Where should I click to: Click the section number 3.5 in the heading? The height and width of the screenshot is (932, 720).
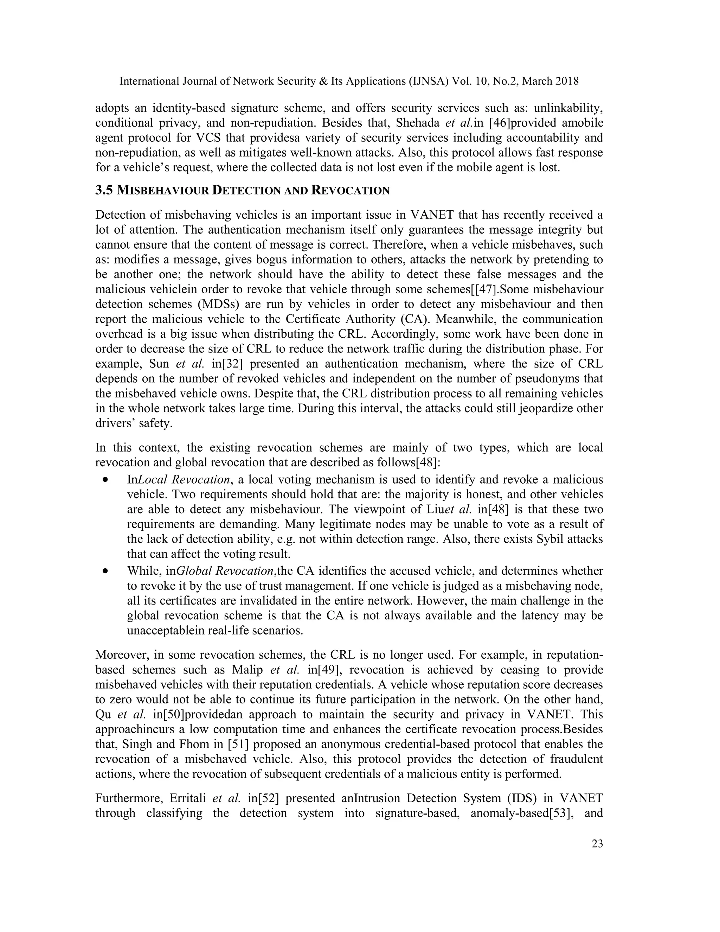[x=104, y=190]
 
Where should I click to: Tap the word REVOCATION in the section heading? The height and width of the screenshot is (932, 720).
[x=350, y=191]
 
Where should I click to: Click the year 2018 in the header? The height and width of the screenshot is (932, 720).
[x=565, y=81]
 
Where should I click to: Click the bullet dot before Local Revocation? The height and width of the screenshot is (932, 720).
[x=105, y=480]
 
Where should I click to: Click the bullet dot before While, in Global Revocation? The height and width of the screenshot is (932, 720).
[x=105, y=571]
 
